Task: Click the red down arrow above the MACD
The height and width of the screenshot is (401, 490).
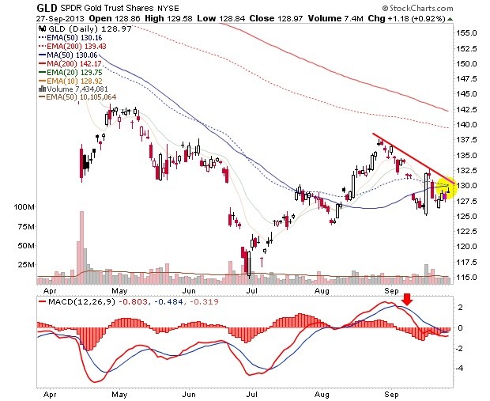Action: point(407,299)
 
